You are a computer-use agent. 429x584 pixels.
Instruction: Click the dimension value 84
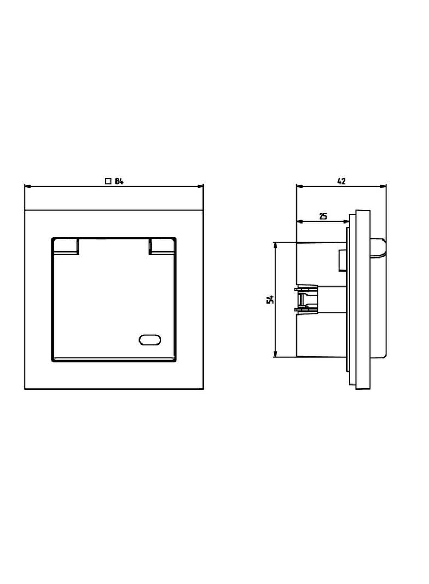click(x=119, y=181)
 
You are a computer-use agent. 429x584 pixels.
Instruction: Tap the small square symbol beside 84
click(x=108, y=181)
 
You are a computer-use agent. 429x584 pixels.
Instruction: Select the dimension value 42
click(x=341, y=181)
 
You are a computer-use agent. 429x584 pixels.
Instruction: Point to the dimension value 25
click(x=323, y=216)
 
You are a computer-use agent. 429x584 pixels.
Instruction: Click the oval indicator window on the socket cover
click(x=150, y=340)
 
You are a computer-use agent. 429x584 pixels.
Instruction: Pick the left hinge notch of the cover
click(x=67, y=247)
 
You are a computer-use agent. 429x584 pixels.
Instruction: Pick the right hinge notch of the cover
click(x=161, y=247)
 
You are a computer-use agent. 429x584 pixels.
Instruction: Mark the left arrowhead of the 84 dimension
click(x=27, y=186)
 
